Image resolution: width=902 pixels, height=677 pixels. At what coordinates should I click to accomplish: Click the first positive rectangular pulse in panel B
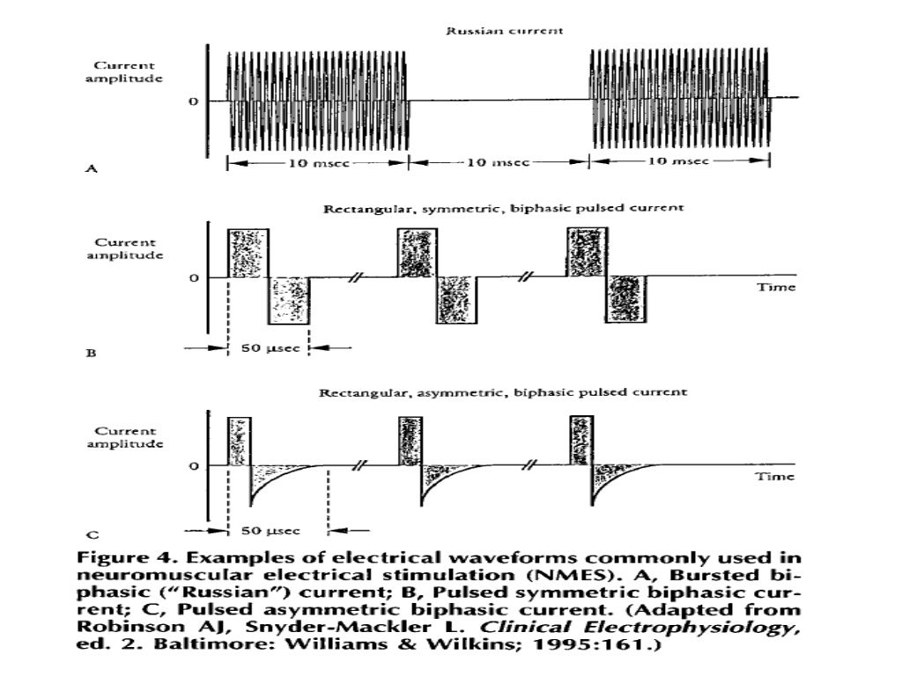(x=248, y=253)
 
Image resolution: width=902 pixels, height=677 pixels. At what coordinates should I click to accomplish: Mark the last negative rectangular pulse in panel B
(x=625, y=300)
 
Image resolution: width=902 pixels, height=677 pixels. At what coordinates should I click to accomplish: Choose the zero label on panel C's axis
(x=192, y=465)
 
